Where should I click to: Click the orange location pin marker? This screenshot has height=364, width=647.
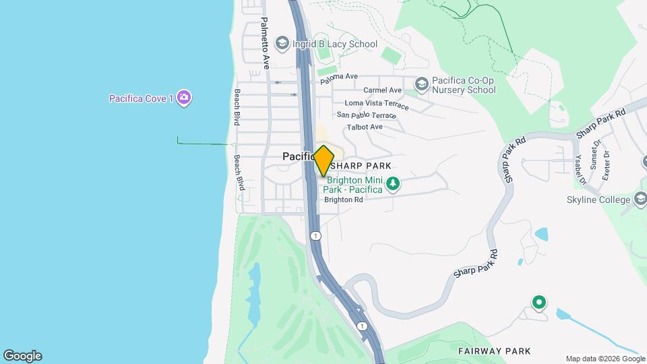(323, 160)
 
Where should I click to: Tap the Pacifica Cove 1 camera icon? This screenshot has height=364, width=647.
(185, 98)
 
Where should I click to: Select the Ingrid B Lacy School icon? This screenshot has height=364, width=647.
(282, 44)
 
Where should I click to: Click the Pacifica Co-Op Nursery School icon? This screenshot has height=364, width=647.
(422, 84)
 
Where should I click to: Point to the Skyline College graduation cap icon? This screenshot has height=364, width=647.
(641, 199)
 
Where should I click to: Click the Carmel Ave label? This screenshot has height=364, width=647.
(382, 90)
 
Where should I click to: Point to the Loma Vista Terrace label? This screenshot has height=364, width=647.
(376, 104)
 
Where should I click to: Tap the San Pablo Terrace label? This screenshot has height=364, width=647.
(371, 115)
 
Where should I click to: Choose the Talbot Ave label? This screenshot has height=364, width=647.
(365, 127)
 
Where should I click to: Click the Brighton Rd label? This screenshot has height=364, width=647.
(344, 200)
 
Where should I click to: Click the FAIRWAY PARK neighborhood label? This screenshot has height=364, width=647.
(494, 351)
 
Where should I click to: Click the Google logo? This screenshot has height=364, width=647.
(22, 356)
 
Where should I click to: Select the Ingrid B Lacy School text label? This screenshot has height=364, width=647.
(335, 44)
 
